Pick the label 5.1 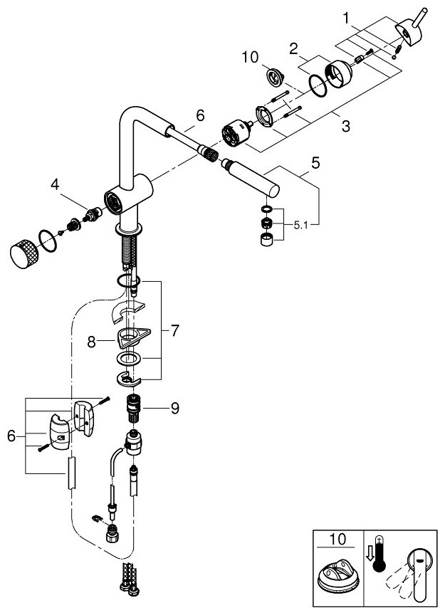tap(303, 224)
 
